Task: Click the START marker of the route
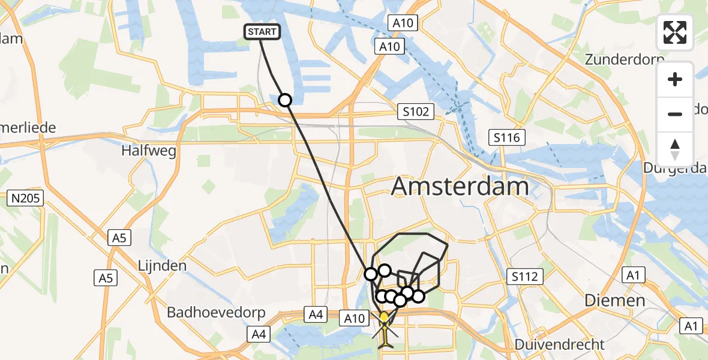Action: click(262, 32)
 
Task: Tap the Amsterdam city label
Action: click(460, 187)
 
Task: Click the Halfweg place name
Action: click(149, 151)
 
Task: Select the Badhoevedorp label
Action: click(204, 313)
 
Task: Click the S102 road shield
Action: click(415, 111)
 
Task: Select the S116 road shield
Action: click(506, 138)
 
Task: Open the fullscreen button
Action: click(676, 32)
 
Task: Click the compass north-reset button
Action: click(676, 149)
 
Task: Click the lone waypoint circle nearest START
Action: click(285, 100)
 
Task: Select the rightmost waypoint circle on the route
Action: click(418, 296)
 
